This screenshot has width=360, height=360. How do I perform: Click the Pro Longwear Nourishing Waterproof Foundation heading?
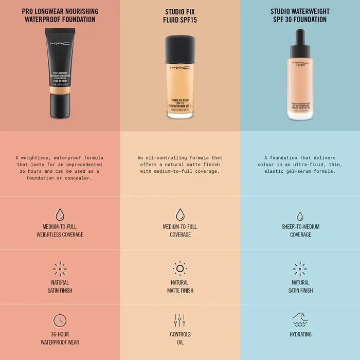60,15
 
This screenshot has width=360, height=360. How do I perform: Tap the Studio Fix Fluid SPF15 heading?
180,15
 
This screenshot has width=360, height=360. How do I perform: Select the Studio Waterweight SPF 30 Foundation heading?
300,15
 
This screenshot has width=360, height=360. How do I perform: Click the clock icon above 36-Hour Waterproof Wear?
60,320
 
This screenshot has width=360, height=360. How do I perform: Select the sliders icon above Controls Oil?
180,320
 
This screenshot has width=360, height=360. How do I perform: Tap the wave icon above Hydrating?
300,319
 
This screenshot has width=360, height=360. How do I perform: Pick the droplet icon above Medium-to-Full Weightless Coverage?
60,214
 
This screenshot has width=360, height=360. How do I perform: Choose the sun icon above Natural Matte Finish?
180,268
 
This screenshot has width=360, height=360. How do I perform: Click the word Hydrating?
300,334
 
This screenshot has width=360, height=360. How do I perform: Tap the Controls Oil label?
180,338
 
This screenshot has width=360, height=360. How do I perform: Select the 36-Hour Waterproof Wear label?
60,338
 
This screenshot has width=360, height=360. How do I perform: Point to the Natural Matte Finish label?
180,286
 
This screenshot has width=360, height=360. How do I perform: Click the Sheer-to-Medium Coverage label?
300,230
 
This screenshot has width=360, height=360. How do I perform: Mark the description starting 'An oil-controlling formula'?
180,165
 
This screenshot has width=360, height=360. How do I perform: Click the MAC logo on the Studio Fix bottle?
180,67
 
